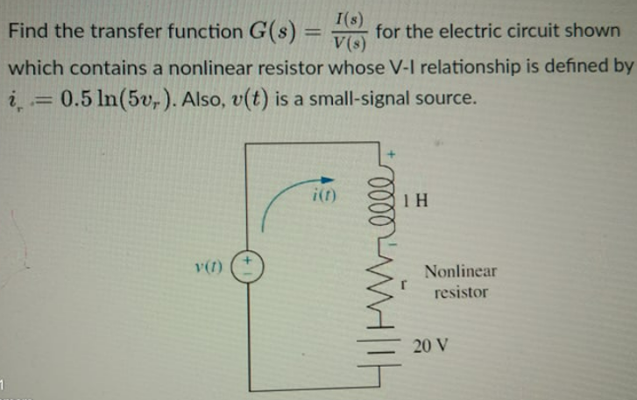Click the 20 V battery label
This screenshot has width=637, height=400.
(x=432, y=344)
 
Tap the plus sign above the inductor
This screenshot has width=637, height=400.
(x=393, y=154)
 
